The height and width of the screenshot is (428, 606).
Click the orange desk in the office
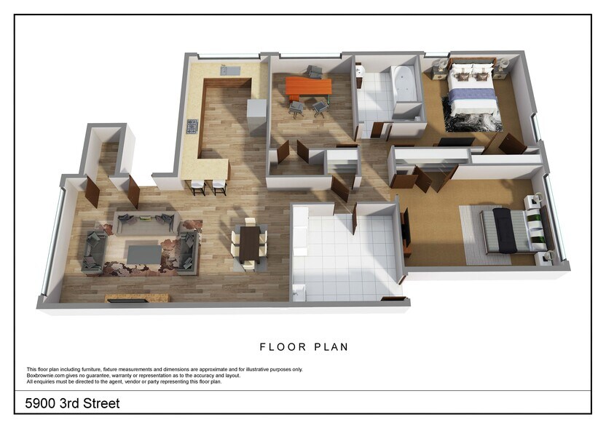308,87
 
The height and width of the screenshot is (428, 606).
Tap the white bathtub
404,84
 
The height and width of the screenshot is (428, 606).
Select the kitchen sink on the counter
230,71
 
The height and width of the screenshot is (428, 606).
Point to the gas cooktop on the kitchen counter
192,127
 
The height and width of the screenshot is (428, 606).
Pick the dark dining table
248,242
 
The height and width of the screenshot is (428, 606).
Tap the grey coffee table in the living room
144,253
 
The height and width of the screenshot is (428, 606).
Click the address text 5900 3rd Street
72,403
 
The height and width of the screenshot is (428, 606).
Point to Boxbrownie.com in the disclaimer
44,376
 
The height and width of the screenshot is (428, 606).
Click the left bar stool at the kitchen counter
197,187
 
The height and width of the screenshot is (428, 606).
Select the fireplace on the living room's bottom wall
138,298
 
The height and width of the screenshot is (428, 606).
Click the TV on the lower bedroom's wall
405,226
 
